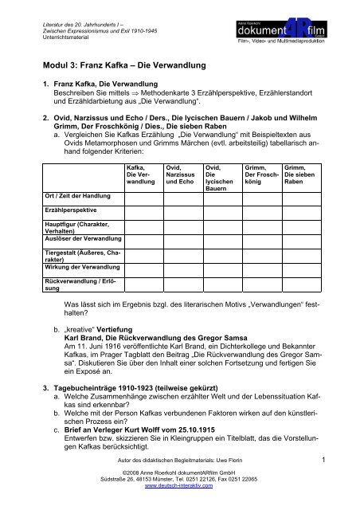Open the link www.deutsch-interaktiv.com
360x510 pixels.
pos(179,503)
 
